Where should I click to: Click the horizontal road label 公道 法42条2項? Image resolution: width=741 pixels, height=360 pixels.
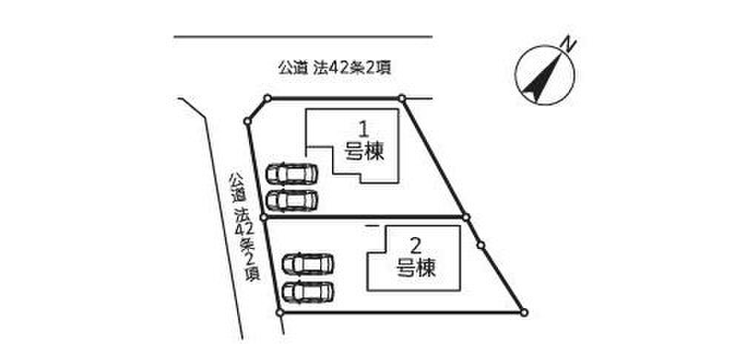333,68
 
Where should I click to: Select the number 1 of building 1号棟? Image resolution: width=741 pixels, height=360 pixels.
364,127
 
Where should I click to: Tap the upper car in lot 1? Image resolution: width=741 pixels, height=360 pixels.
291,173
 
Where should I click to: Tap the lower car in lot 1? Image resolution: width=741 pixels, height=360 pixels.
291,200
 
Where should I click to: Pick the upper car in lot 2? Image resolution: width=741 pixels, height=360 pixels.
309,264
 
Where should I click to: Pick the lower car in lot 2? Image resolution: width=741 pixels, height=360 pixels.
309,291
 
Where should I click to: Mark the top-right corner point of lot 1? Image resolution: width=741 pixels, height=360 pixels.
401,98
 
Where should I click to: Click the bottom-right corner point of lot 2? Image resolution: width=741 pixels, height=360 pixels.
524,313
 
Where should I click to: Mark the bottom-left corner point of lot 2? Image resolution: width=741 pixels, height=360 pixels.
279,313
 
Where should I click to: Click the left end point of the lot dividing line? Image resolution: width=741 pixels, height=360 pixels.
264,217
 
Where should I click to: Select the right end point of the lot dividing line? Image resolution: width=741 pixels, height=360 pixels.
466,217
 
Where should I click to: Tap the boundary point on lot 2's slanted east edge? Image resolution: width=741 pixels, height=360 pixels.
480,244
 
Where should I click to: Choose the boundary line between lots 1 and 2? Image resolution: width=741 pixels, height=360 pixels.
363,217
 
